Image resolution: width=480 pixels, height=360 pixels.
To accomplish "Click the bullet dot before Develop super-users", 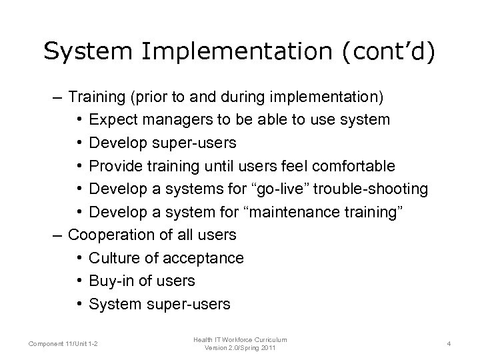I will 79,143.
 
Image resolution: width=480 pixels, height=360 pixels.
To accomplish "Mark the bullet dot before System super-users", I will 79,304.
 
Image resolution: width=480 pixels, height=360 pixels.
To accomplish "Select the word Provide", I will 113,165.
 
